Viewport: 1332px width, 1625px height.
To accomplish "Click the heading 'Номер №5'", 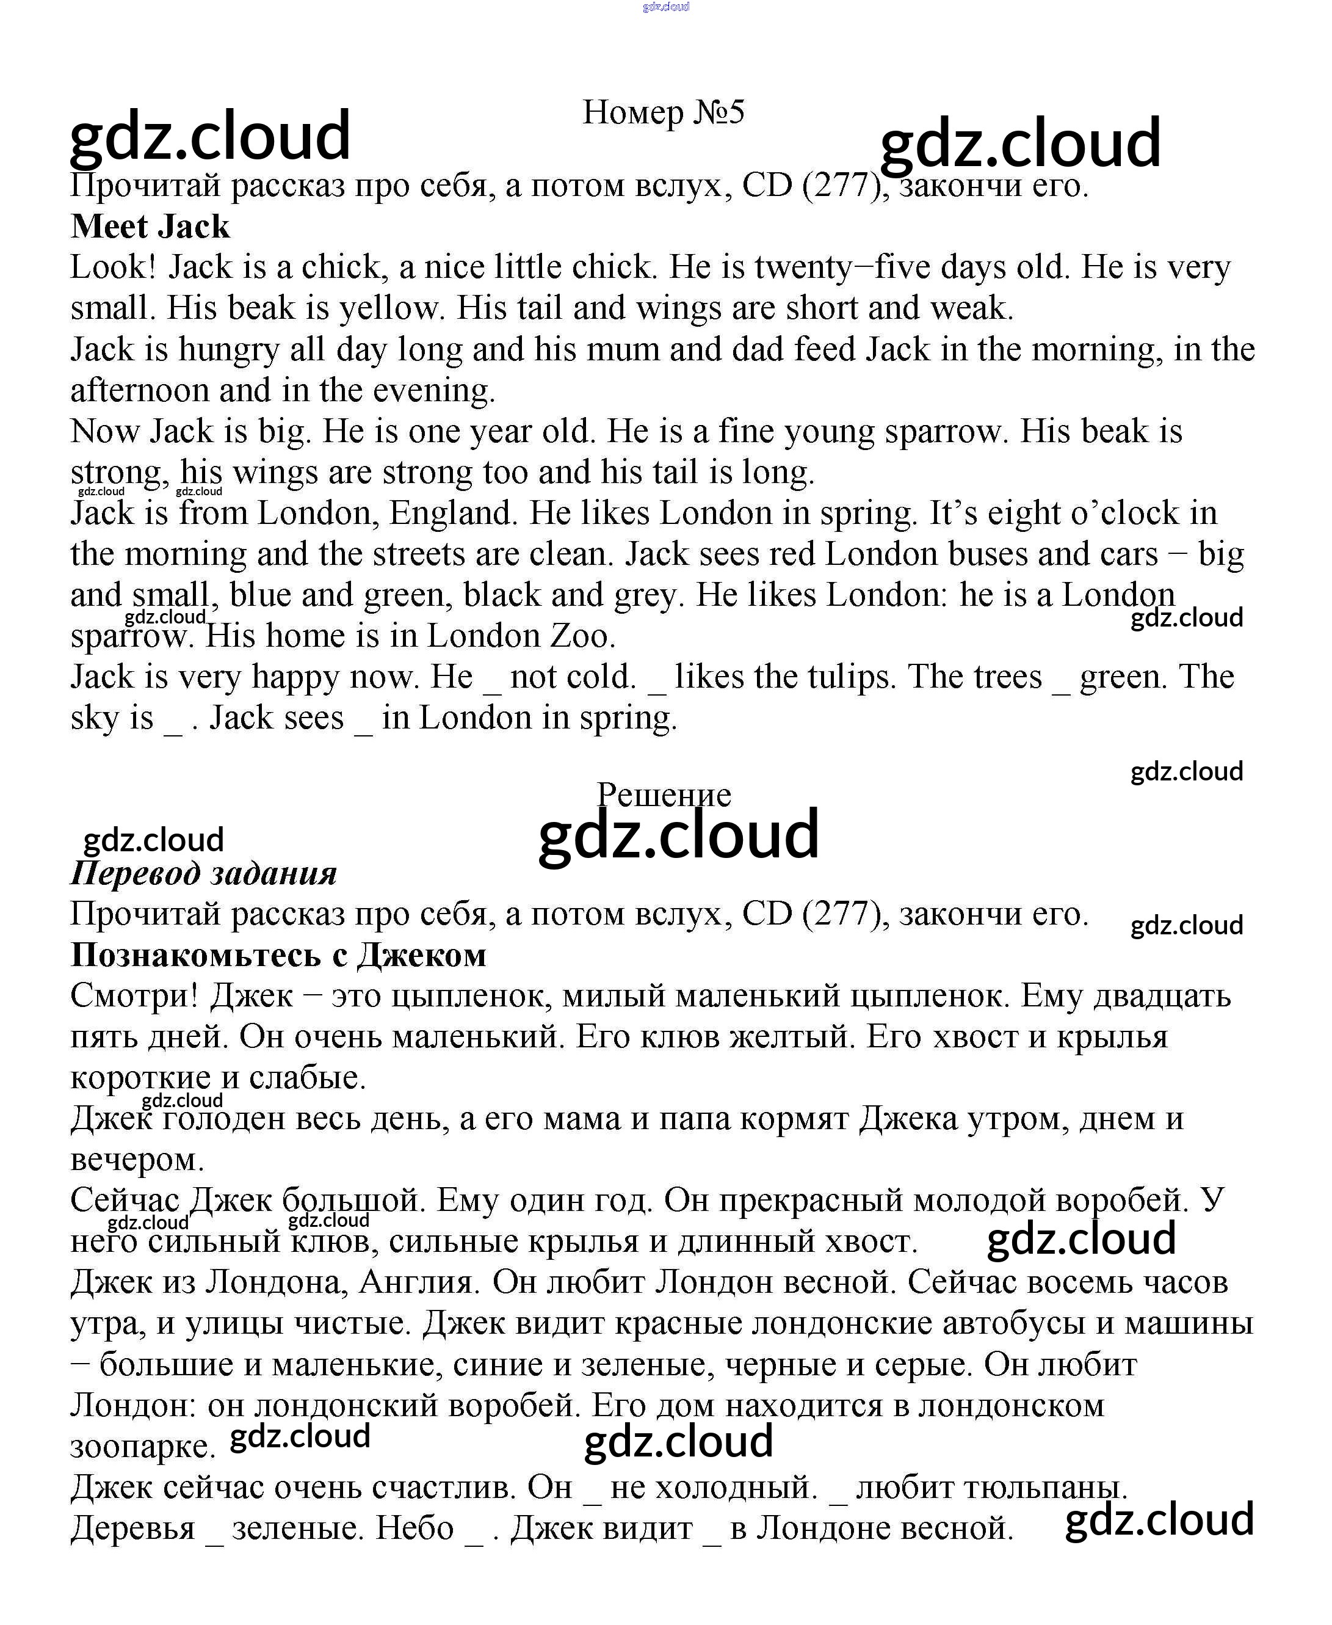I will click(x=664, y=112).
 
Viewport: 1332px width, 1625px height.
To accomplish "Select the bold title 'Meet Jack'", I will click(x=150, y=227).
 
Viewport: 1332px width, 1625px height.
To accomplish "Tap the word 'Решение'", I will click(x=664, y=794).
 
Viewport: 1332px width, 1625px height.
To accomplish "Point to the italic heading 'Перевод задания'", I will click(x=203, y=873).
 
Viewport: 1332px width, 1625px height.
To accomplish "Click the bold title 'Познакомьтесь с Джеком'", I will click(x=278, y=955).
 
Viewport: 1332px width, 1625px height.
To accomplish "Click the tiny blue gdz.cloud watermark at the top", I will click(x=666, y=7).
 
